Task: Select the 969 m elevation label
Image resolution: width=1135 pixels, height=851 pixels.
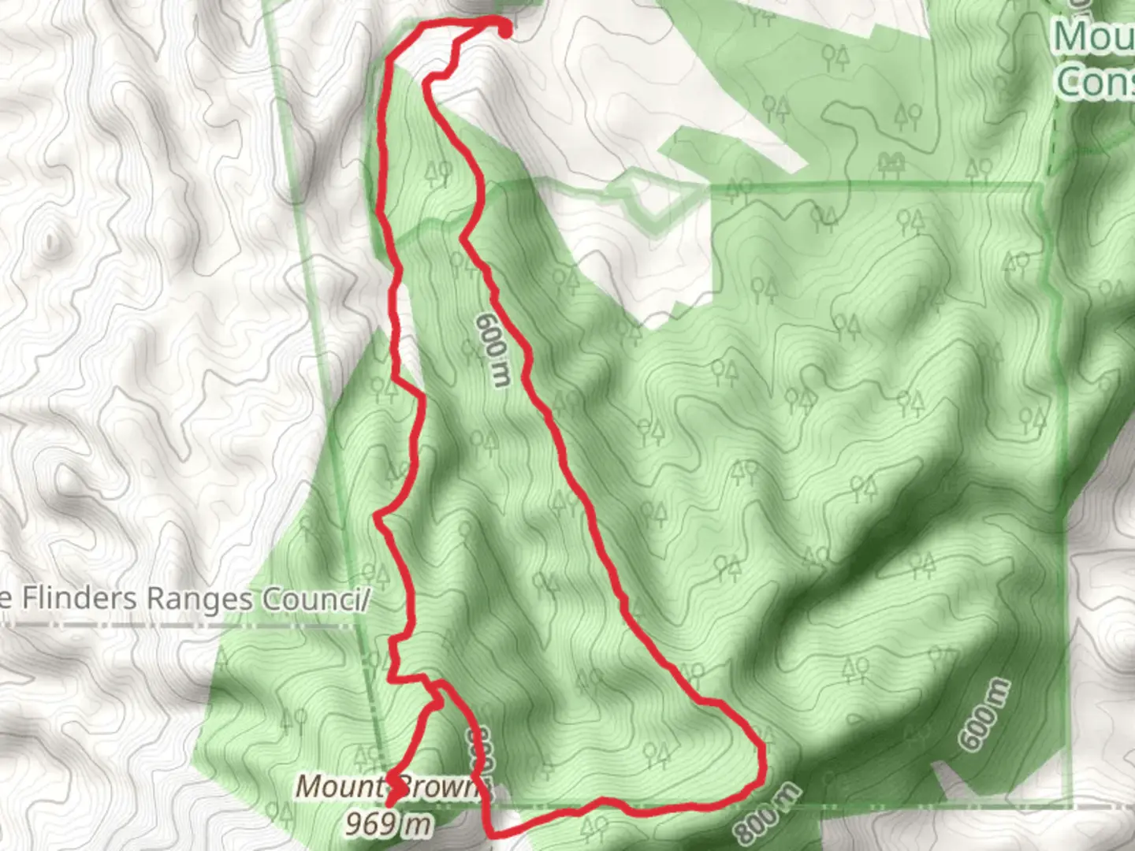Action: (389, 824)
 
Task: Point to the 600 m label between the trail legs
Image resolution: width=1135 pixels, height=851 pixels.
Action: (493, 350)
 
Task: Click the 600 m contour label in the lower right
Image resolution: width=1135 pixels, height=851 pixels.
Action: (984, 713)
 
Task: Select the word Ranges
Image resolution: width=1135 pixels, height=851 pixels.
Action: (200, 599)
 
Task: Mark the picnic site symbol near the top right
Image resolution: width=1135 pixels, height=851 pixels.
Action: (891, 163)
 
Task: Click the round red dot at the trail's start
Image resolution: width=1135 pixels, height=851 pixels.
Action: (503, 30)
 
